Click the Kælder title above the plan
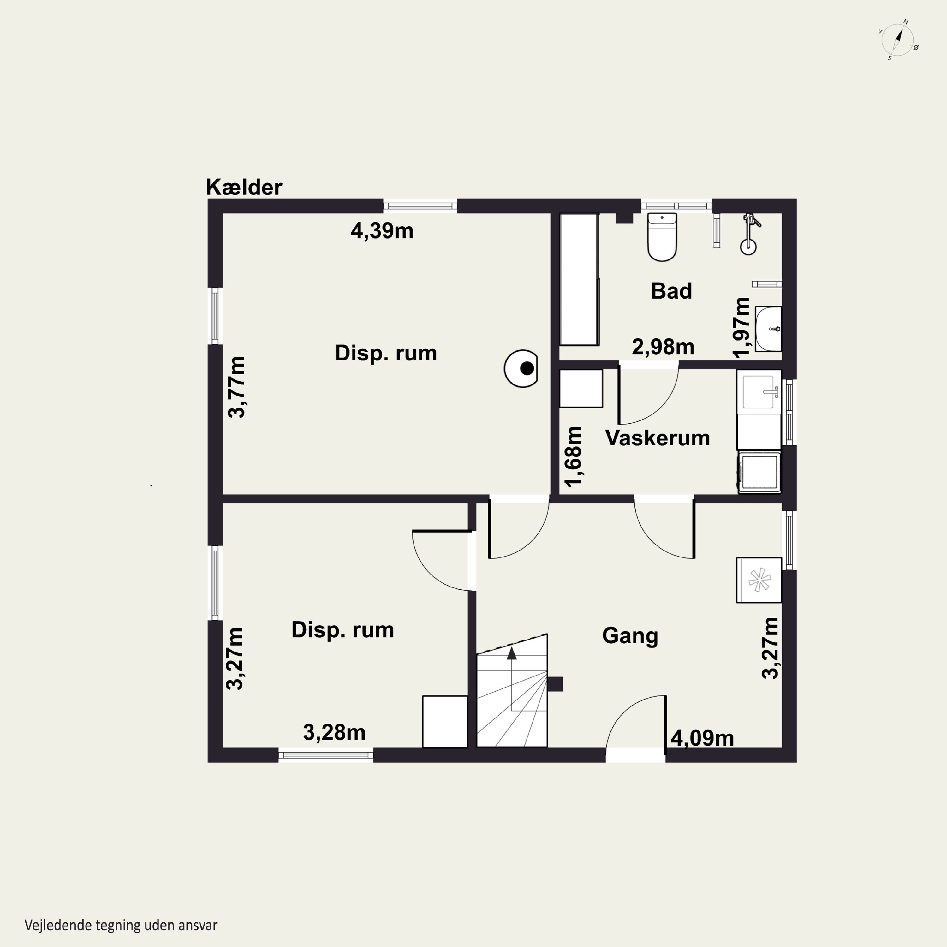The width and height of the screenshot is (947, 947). [x=244, y=187]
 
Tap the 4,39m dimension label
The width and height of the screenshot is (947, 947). [x=382, y=231]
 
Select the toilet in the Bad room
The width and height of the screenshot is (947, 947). [x=662, y=237]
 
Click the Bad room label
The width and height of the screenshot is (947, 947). [x=671, y=291]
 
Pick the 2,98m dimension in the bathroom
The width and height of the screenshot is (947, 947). [x=663, y=347]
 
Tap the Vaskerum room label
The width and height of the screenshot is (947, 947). [x=657, y=438]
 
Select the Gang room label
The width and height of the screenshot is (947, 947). [x=630, y=636]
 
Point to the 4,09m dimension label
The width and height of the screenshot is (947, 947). [x=702, y=738]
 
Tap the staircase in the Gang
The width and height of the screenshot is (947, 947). [x=512, y=691]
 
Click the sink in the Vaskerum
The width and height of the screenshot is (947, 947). [x=759, y=392]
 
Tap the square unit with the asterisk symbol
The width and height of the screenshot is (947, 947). [x=759, y=580]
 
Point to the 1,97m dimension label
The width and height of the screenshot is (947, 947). [x=742, y=327]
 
